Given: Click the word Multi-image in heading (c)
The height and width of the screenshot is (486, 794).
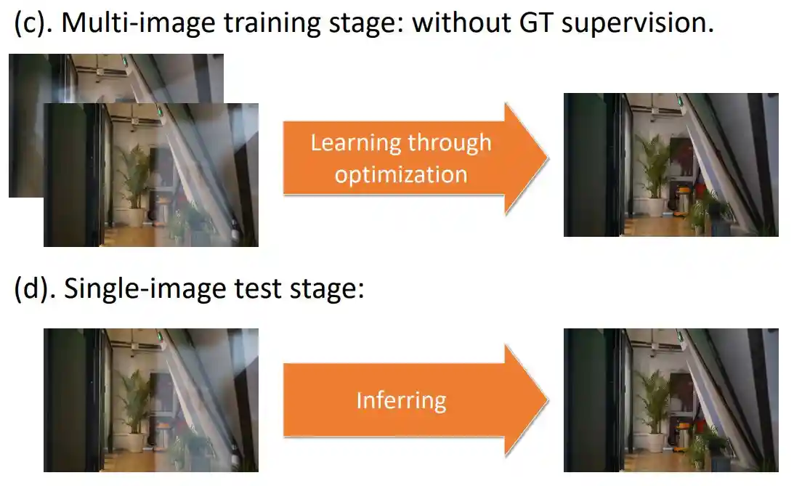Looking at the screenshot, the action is tap(139, 23).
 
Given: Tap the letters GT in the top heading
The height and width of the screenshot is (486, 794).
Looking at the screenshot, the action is tap(536, 23).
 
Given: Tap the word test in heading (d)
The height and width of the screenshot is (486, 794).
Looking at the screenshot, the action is tap(258, 289).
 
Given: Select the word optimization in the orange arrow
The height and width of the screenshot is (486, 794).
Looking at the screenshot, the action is tap(401, 174).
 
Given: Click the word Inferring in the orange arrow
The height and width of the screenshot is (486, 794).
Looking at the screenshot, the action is tap(402, 401).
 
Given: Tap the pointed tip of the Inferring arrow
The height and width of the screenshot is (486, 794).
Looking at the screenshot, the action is tap(548, 401).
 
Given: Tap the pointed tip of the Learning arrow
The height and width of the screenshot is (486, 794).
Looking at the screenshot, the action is tap(548, 158).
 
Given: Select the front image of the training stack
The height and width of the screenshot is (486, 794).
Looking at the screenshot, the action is tap(151, 175).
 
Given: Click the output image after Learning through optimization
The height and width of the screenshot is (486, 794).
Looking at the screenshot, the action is tap(671, 164).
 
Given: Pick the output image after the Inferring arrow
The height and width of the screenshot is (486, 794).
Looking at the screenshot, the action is tap(671, 400).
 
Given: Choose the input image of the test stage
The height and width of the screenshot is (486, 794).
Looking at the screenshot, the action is tap(151, 400).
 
